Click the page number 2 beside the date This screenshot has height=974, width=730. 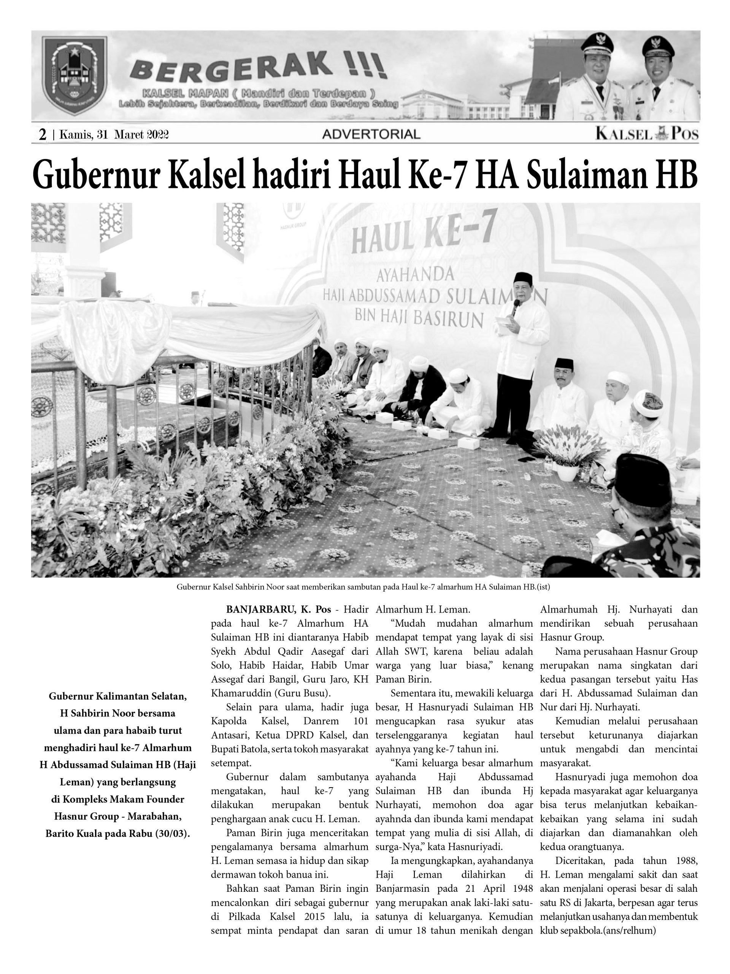point(43,135)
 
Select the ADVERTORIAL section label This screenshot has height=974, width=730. point(371,134)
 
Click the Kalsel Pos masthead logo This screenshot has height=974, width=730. point(646,134)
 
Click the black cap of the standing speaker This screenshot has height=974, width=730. point(523,278)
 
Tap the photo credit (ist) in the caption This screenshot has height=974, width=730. point(543,587)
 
